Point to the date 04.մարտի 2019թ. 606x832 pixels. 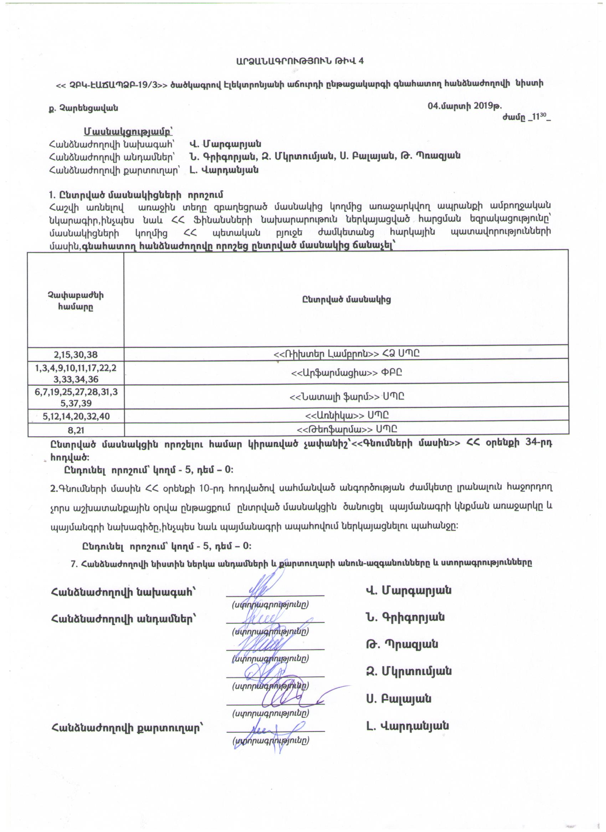coord(464,106)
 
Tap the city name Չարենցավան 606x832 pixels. coord(84,108)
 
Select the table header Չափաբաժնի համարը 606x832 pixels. coord(76,301)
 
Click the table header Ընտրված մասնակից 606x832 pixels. coord(346,299)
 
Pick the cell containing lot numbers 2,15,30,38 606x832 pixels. coord(76,354)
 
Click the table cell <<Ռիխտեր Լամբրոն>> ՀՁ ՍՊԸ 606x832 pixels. coord(346,354)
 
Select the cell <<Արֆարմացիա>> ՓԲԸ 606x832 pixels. coord(346,373)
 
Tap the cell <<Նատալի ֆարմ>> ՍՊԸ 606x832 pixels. coord(346,396)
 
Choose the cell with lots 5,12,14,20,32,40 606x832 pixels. coord(76,416)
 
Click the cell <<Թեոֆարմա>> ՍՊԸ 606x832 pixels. coord(346,429)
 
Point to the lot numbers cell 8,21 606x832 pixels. coord(76,430)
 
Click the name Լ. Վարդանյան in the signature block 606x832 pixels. coord(407,726)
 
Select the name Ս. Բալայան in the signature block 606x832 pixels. coord(398,699)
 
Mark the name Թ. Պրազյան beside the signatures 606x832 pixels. coord(402,644)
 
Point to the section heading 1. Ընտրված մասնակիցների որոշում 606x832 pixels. coord(136,194)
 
